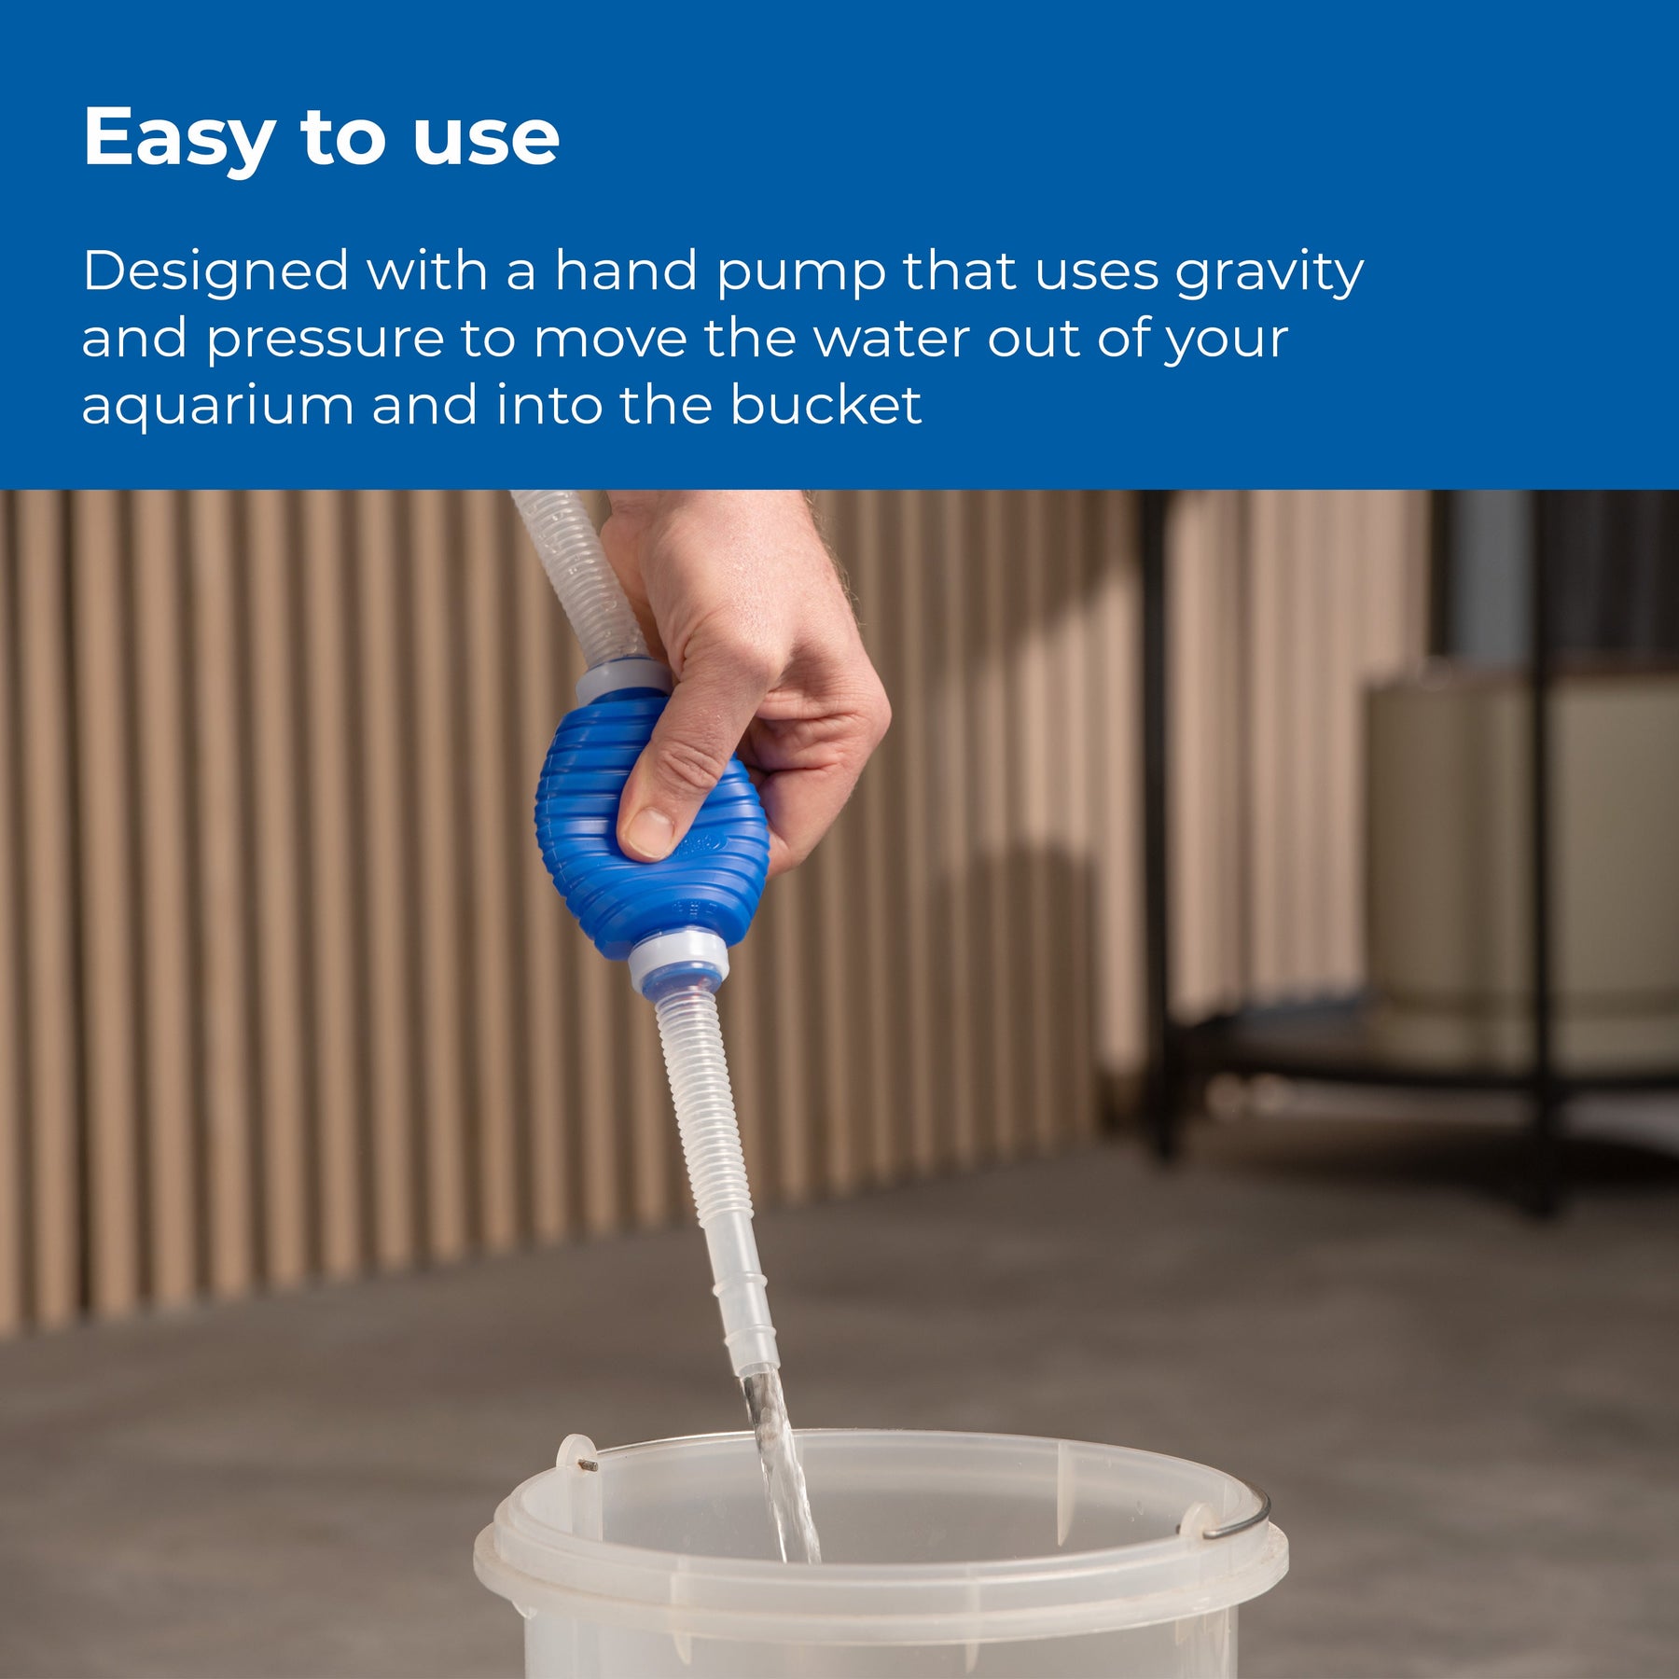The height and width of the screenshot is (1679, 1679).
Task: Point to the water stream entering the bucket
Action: [782, 1464]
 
